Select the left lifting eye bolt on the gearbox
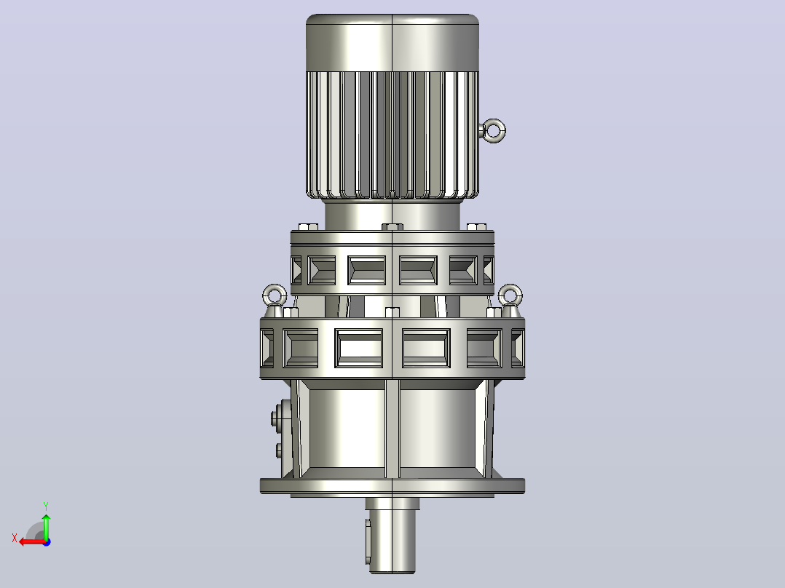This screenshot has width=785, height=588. pos(275,298)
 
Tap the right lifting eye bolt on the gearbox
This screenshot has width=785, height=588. pos(510,298)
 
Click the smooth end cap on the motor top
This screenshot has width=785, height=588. pos(392,42)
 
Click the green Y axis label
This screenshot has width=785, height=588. pos(46,506)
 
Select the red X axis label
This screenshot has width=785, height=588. pos(15,539)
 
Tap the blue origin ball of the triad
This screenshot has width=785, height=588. pos(47,542)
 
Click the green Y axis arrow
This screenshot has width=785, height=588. pos(46,526)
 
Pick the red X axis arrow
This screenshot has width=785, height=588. pos(32,542)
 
